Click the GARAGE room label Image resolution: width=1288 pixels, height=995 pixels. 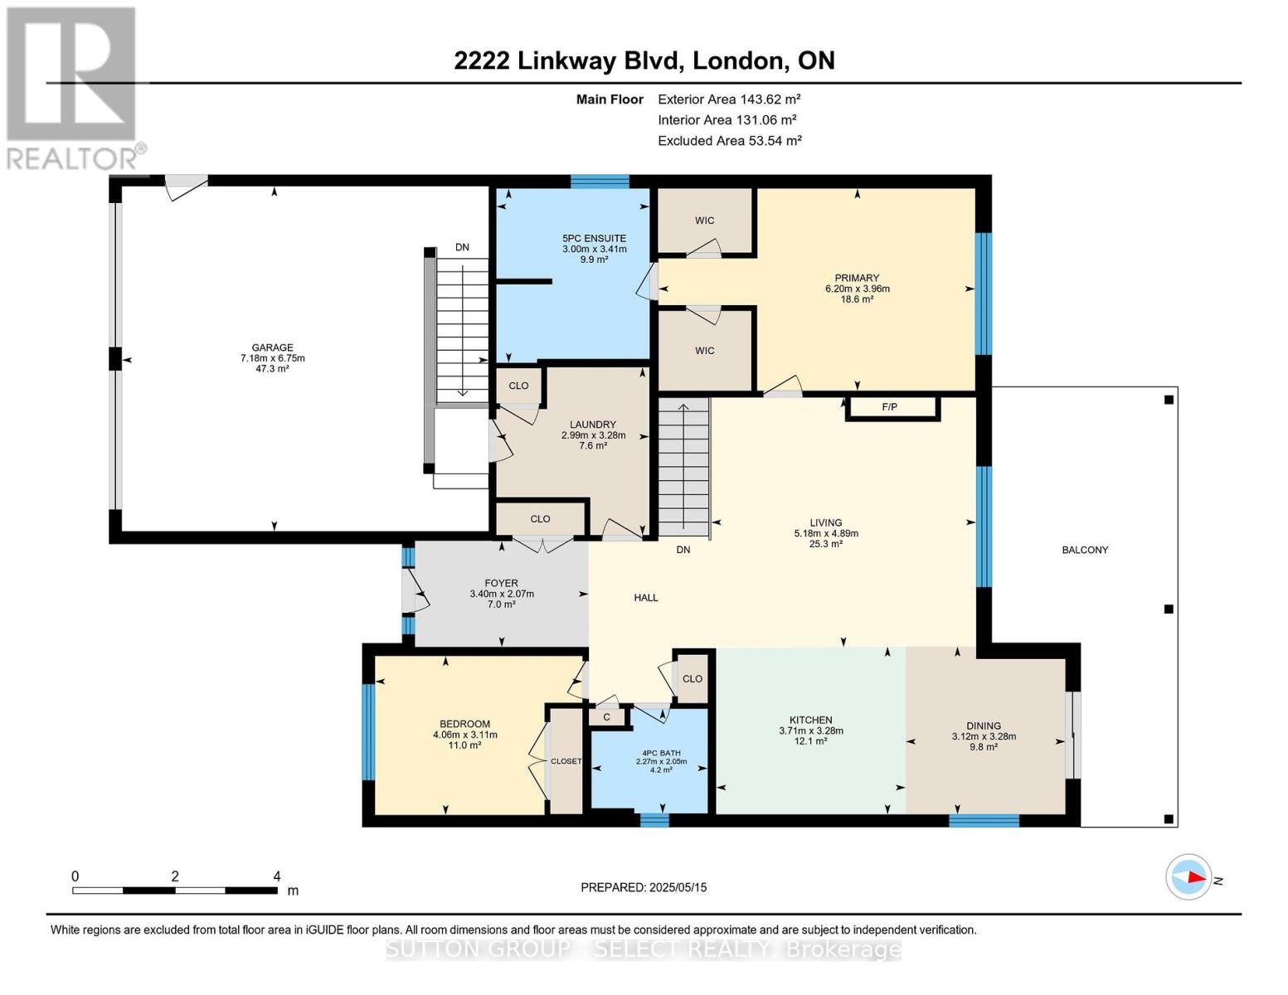coord(273,348)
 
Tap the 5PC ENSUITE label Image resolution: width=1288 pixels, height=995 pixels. coord(594,239)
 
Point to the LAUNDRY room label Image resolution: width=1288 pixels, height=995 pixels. coord(592,425)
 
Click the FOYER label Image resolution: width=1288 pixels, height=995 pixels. coord(501,584)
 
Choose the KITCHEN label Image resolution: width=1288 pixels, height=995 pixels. coord(810,721)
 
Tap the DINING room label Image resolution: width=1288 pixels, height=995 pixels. coord(983,726)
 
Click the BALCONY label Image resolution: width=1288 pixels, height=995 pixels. coord(1084,550)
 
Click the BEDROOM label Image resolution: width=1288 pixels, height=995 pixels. coord(464,724)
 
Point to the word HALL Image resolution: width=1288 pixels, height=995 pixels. coord(645,598)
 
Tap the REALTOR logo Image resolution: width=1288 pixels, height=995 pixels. coord(73,87)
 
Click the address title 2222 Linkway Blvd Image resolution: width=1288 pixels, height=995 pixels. coord(644,61)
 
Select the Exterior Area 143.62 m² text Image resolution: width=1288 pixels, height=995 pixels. coord(729,99)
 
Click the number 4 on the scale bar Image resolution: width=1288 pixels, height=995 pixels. coord(277,876)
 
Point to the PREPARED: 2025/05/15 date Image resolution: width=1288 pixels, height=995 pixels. coord(644,887)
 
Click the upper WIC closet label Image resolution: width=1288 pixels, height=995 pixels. coord(704,221)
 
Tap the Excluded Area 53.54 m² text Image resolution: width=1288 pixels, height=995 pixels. coord(729,141)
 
